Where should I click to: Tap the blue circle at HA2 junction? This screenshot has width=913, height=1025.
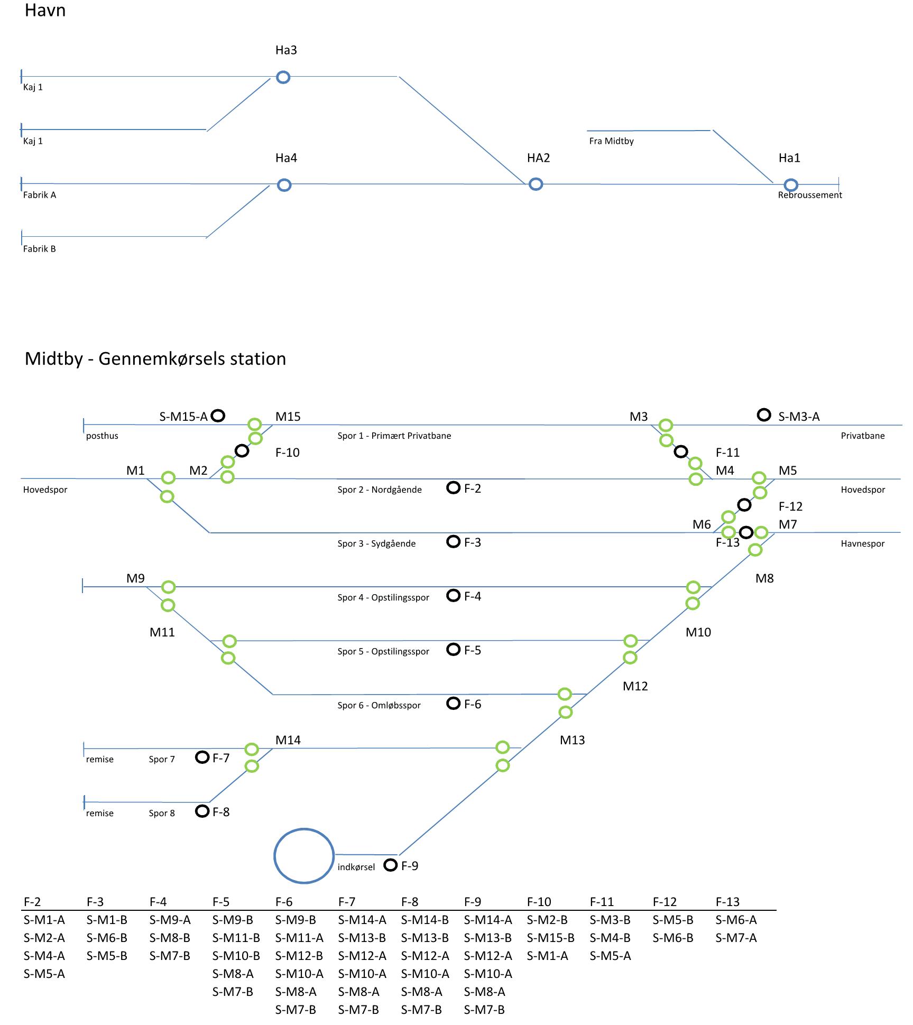[x=536, y=179]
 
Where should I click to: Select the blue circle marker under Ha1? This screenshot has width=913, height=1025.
[x=790, y=180]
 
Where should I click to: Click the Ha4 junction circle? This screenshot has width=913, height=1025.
[x=284, y=180]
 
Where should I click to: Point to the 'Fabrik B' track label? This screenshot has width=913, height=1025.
[x=39, y=249]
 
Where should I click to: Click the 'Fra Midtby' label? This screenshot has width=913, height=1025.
[x=611, y=141]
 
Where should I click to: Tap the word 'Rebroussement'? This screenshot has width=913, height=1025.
[x=809, y=195]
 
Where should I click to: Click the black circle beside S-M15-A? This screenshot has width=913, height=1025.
[x=218, y=411]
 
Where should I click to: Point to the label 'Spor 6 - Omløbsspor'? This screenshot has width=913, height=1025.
[x=379, y=705]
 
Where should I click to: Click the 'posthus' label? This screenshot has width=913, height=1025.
[x=102, y=436]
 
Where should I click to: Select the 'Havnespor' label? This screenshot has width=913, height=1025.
[x=862, y=544]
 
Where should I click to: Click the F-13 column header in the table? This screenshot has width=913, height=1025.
[x=727, y=902]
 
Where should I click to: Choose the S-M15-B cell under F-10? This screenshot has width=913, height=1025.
[x=550, y=938]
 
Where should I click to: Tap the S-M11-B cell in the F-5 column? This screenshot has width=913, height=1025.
[x=236, y=938]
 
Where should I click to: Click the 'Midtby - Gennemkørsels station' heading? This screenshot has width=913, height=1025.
[x=155, y=359]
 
